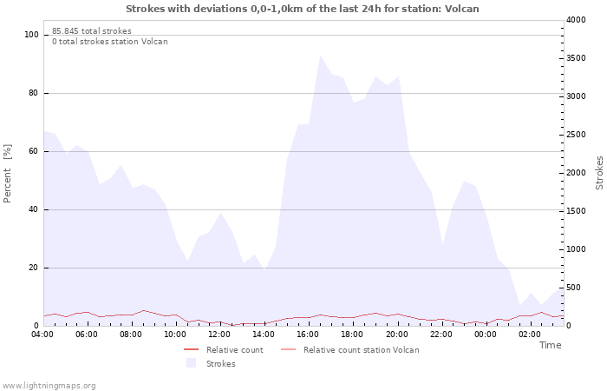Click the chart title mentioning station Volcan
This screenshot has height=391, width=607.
pos(303,9)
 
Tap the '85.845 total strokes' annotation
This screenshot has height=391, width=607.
pos(92,31)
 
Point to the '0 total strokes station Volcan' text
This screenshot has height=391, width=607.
pos(110,42)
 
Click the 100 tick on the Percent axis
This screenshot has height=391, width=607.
pos(31,35)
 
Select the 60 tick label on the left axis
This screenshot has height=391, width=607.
pos(33,151)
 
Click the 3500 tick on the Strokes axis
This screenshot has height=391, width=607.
pos(576,58)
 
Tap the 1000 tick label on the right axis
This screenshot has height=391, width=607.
pos(576,249)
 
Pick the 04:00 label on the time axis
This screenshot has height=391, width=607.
pos(42,335)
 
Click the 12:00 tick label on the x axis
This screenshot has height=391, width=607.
pos(219,335)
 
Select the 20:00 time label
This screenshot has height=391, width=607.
pos(397,335)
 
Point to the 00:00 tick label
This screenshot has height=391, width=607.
pos(486,335)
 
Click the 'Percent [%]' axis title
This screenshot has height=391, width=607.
pos(7,174)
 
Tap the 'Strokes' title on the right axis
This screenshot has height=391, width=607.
pos(599,173)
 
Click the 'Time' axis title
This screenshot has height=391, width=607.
pos(550,345)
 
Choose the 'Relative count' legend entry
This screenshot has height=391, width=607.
pos(224,350)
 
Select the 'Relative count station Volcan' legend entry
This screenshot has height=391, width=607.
pos(350,350)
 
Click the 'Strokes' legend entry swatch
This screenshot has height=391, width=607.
pos(192,363)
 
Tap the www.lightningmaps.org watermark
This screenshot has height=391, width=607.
pos(49,386)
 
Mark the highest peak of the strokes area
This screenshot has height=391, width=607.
pos(320,56)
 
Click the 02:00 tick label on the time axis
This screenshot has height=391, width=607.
pos(530,335)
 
